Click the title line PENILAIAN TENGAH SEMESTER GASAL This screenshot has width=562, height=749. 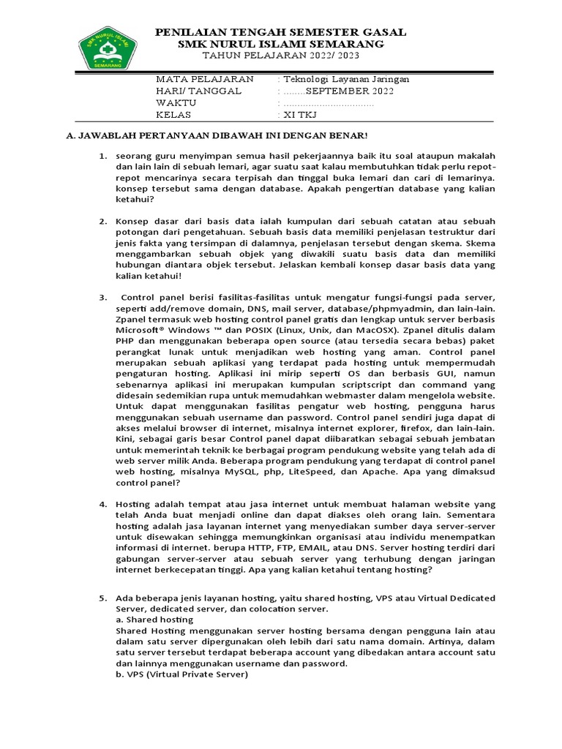[x=282, y=33]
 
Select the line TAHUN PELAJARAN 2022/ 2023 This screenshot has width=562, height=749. [x=282, y=56]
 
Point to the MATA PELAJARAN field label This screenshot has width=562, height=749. [x=205, y=79]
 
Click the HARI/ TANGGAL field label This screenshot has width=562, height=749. [x=199, y=91]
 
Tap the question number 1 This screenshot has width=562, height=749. [x=104, y=157]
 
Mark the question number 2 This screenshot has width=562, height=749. [x=104, y=220]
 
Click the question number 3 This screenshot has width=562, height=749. [x=104, y=297]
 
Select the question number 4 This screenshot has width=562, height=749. [x=104, y=505]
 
